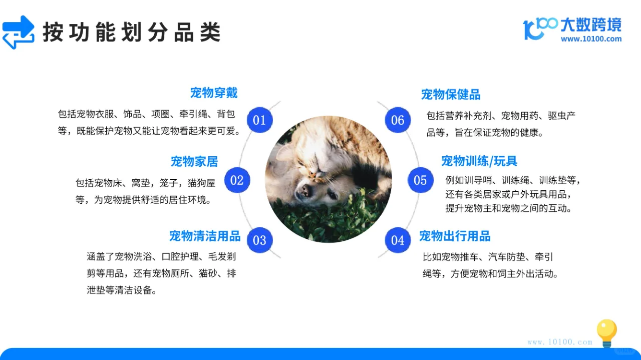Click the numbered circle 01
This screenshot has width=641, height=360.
259,120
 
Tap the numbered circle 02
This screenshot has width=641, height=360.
237,180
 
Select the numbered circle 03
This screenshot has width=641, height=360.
259,240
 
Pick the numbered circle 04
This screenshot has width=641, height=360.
397,240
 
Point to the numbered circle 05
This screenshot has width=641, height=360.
420,180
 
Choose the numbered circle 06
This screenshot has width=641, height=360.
397,120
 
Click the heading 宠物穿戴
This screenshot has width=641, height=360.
214,93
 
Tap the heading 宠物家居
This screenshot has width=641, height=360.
194,161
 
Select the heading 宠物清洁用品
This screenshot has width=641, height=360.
205,236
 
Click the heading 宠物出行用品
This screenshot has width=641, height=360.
455,236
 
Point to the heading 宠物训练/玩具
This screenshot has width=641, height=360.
479,161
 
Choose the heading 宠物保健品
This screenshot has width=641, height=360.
451,94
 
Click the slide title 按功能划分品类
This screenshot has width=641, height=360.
131,33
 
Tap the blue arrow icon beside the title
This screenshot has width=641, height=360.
19,32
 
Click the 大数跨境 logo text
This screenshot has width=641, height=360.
590,25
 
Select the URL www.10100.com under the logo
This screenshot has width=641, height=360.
591,39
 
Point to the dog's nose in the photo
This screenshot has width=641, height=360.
304,189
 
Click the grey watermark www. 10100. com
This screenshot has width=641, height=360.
559,342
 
